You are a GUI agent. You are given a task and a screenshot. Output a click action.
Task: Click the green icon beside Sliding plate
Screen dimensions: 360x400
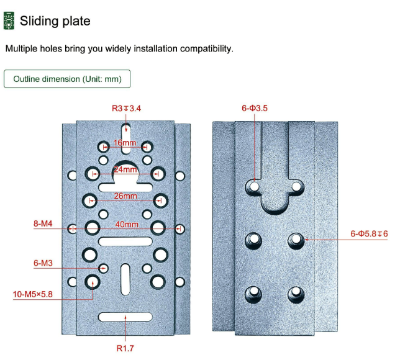8,21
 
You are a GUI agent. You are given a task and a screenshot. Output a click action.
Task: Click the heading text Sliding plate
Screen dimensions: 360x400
55,21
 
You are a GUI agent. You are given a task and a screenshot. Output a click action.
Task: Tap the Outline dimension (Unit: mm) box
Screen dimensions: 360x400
67,79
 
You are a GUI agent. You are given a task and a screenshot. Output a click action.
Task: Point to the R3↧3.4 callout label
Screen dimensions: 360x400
126,108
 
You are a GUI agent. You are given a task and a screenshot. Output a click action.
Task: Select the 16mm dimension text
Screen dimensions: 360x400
125,143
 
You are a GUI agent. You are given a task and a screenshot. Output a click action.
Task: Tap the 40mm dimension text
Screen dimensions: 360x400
125,224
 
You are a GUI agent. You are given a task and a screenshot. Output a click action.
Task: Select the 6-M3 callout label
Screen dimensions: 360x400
43,263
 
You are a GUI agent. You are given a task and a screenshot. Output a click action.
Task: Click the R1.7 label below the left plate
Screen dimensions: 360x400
125,348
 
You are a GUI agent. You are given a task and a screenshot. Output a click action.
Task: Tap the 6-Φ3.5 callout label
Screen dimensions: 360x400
254,108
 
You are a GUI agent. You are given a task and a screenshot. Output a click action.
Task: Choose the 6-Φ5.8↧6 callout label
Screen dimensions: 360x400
368,233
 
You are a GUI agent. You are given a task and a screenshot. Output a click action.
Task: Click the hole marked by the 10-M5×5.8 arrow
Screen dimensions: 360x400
93,282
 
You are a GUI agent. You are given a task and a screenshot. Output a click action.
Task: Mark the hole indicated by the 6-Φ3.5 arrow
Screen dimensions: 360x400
255,185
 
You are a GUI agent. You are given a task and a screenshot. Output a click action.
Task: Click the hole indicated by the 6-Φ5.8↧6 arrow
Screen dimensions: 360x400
296,238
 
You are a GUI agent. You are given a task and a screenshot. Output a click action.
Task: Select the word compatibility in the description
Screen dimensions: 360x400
206,48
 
